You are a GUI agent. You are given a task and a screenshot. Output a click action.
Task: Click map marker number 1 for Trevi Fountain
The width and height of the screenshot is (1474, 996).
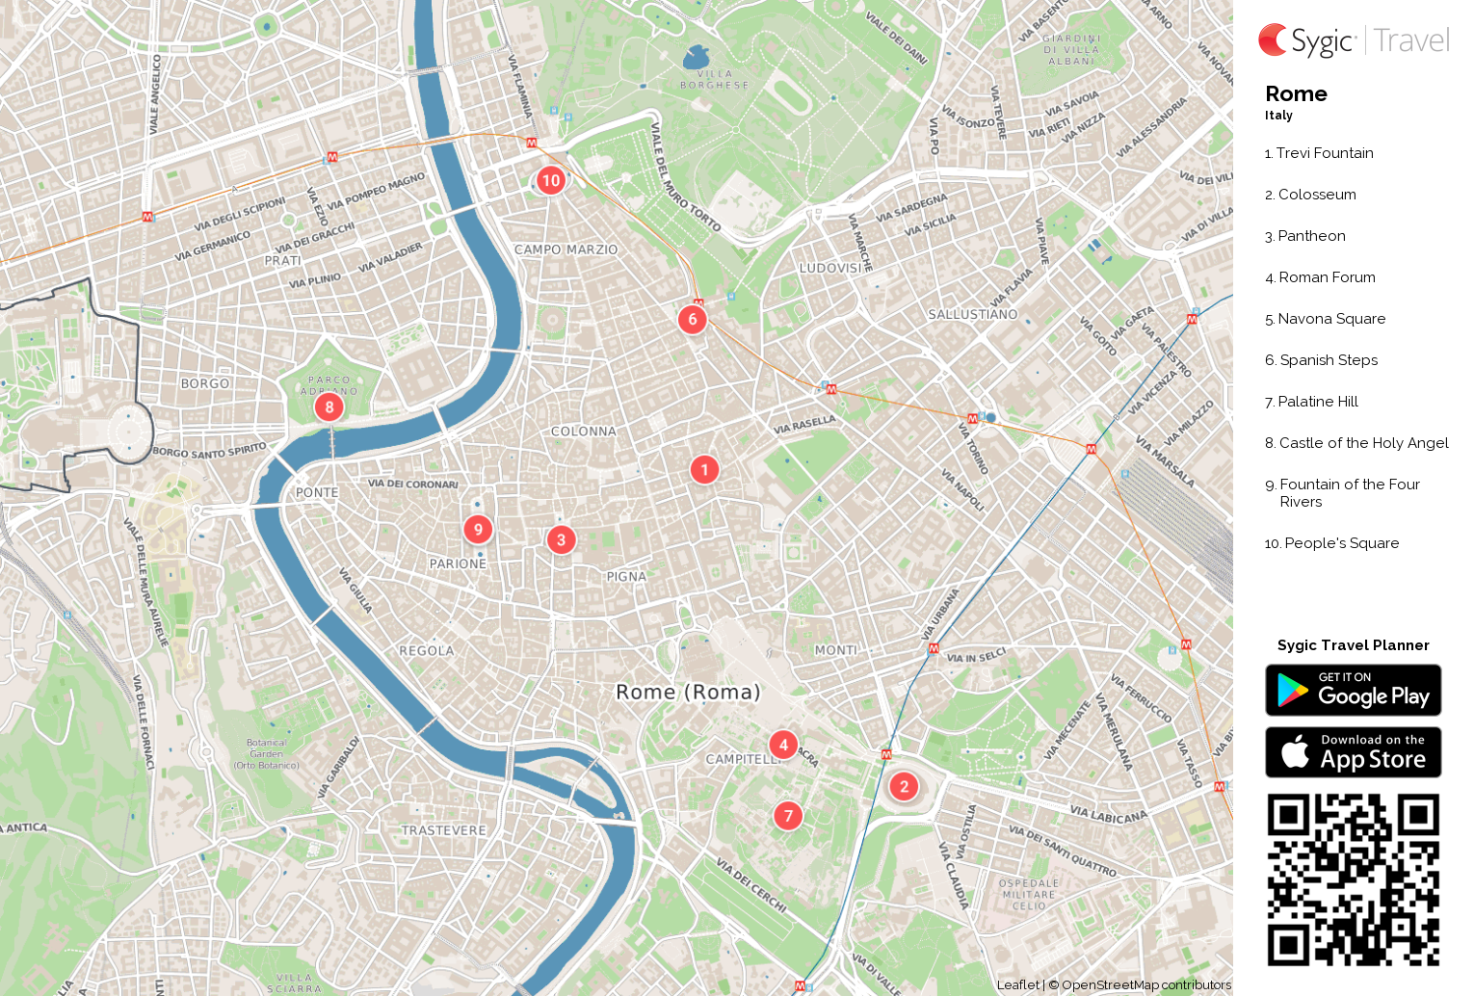tap(704, 469)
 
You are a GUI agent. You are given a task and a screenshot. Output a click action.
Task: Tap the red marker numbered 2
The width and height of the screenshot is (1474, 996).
tap(904, 787)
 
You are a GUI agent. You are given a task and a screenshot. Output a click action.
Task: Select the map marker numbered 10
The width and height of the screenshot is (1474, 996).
tap(550, 180)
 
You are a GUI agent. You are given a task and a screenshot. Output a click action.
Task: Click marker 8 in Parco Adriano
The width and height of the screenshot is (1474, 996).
tap(329, 406)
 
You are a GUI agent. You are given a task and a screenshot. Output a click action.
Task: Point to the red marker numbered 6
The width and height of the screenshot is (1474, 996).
tap(692, 319)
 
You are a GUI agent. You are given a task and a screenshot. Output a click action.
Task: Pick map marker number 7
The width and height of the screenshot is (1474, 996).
tap(788, 816)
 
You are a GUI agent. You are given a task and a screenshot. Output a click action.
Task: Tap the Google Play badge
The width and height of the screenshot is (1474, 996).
tap(1353, 690)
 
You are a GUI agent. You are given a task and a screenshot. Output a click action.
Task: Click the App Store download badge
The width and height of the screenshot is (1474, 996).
tap(1353, 752)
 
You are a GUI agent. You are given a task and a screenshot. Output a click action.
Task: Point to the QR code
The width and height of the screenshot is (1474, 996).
tap(1353, 879)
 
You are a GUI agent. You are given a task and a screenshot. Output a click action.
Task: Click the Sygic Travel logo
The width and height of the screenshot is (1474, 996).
tap(1353, 40)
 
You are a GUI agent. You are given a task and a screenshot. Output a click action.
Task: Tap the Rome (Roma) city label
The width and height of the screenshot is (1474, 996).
tap(688, 692)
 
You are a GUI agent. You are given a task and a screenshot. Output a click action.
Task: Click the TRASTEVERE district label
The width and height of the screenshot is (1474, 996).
tap(444, 830)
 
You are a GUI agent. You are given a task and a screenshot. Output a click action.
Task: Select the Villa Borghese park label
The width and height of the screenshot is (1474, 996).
tap(714, 80)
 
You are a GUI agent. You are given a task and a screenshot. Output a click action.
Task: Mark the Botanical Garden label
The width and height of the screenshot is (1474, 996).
tap(266, 753)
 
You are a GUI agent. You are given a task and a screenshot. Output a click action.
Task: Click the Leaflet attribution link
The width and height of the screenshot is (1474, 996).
tap(1017, 984)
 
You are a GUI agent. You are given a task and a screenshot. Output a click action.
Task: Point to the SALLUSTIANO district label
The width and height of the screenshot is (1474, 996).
tap(972, 315)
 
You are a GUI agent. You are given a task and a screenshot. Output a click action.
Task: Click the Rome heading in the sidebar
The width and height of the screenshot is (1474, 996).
tap(1296, 93)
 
